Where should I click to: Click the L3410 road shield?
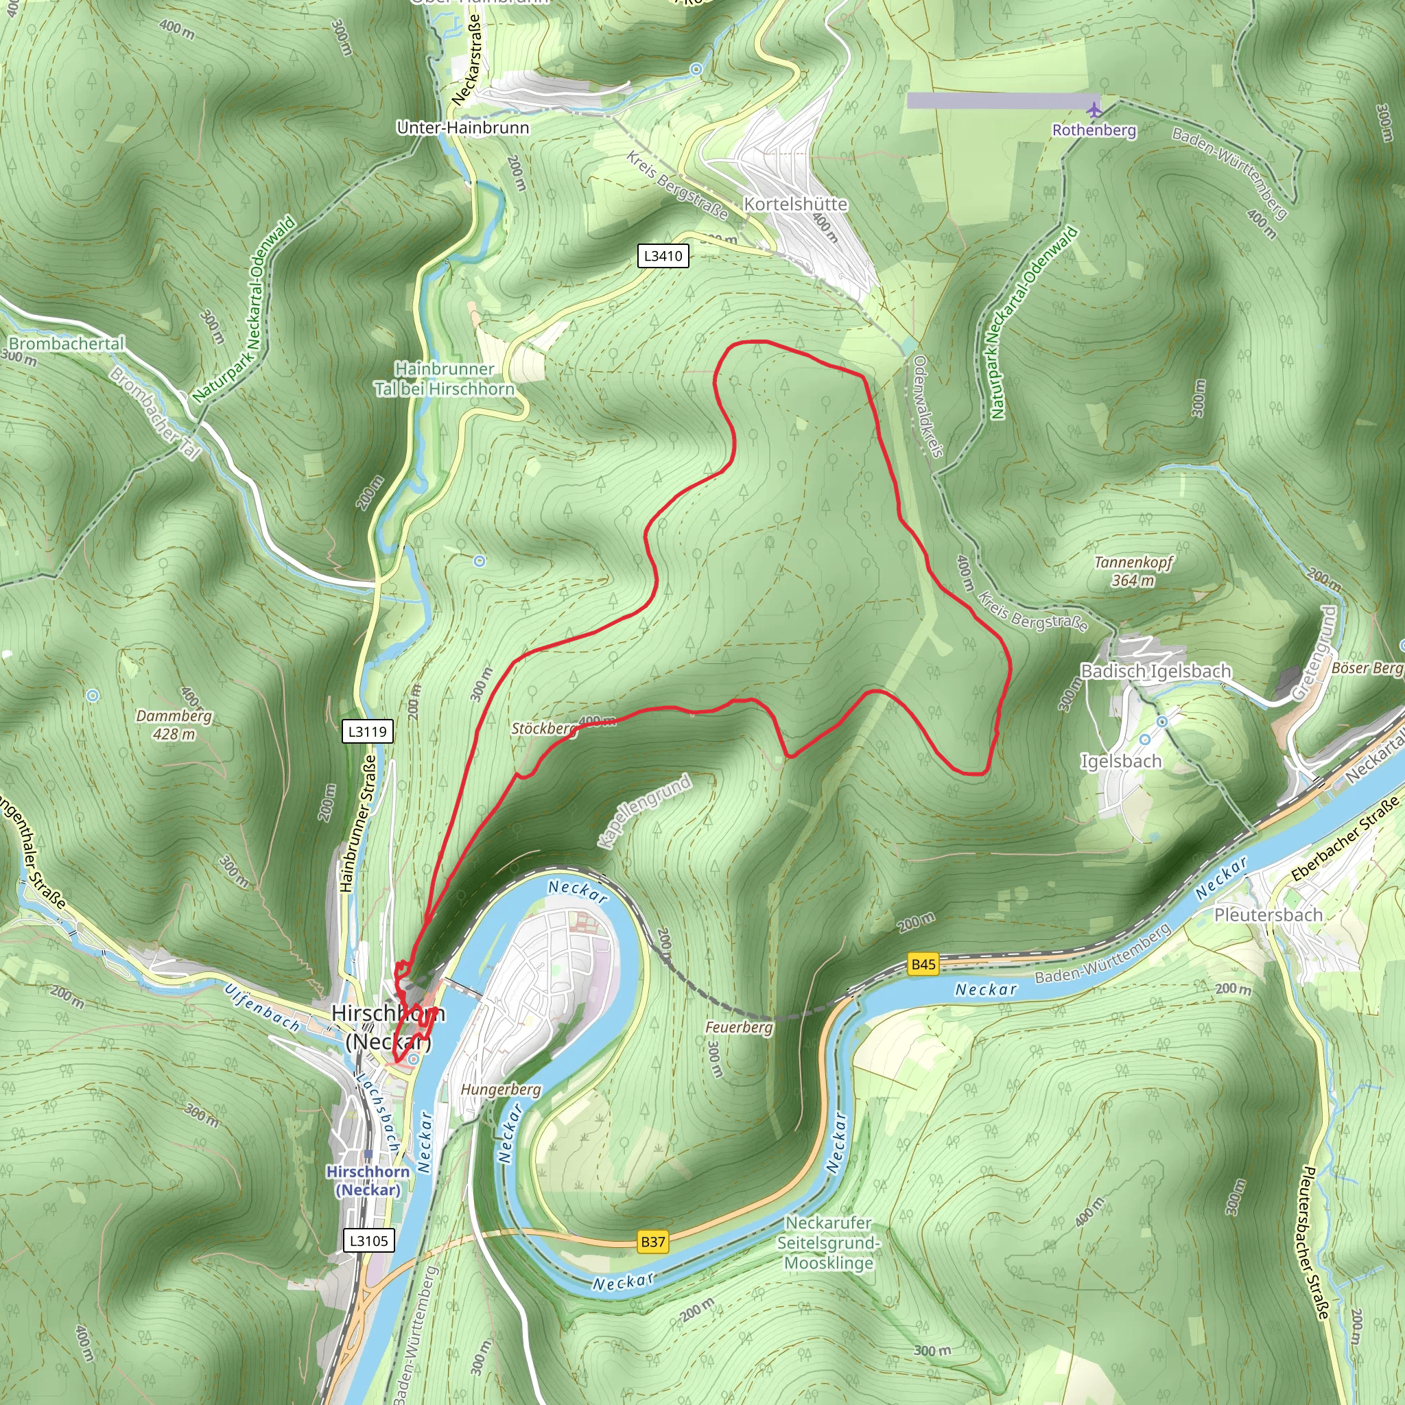pyautogui.click(x=663, y=256)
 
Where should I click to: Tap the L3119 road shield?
pyautogui.click(x=367, y=731)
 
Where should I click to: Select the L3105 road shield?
pyautogui.click(x=368, y=1240)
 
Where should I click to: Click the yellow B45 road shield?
pyautogui.click(x=923, y=965)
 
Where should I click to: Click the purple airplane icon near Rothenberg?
pyautogui.click(x=1094, y=110)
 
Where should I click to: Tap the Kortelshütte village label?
pyautogui.click(x=795, y=204)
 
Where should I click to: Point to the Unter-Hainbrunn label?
pyautogui.click(x=462, y=128)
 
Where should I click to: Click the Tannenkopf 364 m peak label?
pyautogui.click(x=1133, y=571)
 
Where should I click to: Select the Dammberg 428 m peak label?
pyautogui.click(x=174, y=725)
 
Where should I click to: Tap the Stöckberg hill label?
pyautogui.click(x=543, y=729)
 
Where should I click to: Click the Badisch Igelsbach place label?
pyautogui.click(x=1155, y=671)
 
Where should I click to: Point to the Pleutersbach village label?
pyautogui.click(x=1268, y=915)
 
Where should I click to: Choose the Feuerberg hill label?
pyautogui.click(x=738, y=1028)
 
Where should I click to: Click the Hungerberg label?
pyautogui.click(x=500, y=1089)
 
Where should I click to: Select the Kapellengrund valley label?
pyautogui.click(x=644, y=812)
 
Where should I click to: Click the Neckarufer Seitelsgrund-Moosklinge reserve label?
pyautogui.click(x=828, y=1243)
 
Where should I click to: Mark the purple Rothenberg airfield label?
pyautogui.click(x=1094, y=130)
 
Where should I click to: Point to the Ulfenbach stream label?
pyautogui.click(x=262, y=1008)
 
